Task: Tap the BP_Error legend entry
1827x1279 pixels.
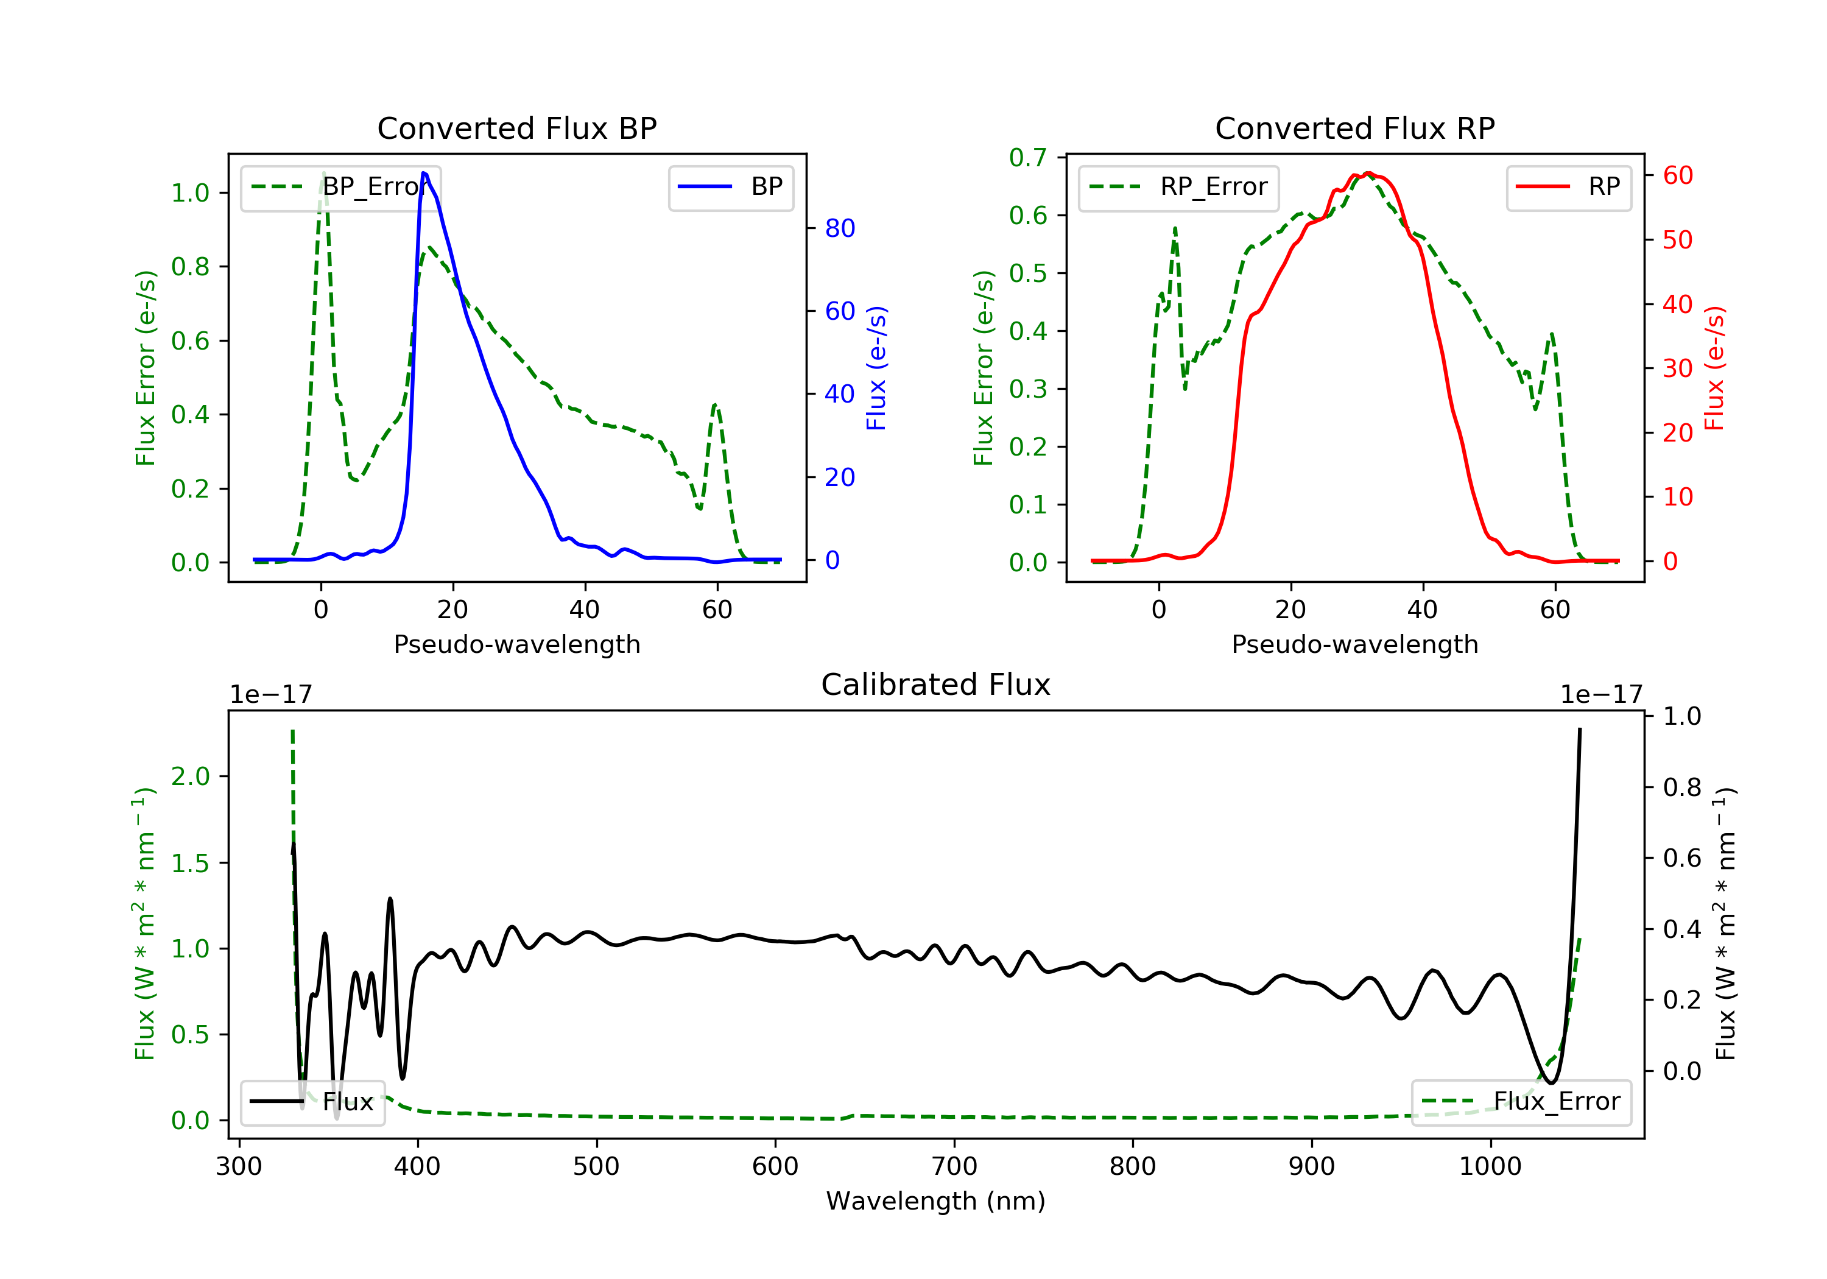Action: (340, 187)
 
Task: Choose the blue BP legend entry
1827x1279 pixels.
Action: (730, 187)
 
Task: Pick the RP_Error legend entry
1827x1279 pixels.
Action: (1178, 187)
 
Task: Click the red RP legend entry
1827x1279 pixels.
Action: (1568, 187)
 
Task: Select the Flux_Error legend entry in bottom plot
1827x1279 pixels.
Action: (1521, 1102)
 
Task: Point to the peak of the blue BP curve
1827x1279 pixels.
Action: (424, 173)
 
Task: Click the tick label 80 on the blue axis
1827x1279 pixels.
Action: (839, 228)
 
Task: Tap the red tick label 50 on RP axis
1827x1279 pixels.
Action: (1677, 241)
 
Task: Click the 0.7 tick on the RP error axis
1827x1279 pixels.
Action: (1027, 158)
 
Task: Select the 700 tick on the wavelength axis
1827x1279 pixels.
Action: (954, 1167)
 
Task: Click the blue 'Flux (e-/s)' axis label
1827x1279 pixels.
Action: (876, 368)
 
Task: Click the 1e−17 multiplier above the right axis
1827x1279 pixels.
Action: (1600, 695)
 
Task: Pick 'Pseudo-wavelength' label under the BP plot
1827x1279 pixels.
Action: (516, 644)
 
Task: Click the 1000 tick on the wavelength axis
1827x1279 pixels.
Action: (1490, 1167)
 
